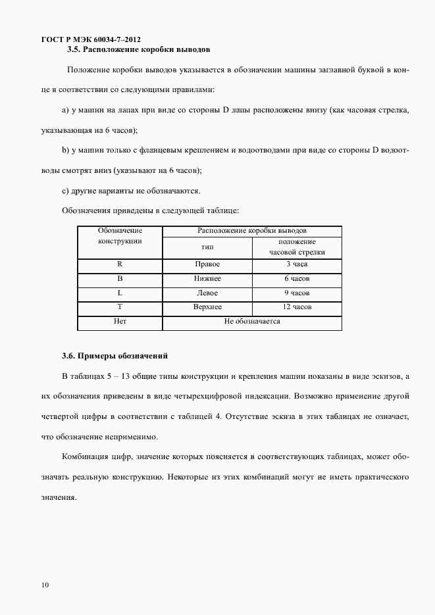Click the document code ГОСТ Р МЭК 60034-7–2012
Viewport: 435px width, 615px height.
coord(90,39)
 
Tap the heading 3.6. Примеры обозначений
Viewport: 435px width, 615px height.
coord(115,356)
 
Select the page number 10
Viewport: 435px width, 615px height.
coord(45,585)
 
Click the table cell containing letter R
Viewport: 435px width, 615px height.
coord(120,264)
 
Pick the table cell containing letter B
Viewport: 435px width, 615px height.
coord(120,279)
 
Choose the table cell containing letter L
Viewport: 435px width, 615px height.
coord(120,293)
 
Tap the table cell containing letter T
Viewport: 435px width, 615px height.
coord(120,307)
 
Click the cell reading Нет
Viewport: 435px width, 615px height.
coord(120,322)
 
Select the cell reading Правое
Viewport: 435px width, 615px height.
coord(207,264)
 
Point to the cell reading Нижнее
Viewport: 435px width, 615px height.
coord(207,279)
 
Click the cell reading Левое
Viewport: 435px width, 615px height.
coord(207,293)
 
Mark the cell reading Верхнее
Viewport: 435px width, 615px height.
coord(207,307)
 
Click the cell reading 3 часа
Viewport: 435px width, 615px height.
coord(297,264)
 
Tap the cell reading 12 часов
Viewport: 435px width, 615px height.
coord(297,307)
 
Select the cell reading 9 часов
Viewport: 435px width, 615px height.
coord(297,293)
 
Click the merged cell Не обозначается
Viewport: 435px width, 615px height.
coord(252,322)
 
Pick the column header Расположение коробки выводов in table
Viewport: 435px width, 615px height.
coord(252,231)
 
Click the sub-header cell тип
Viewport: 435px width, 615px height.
coord(207,247)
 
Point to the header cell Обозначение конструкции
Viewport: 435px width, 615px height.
coord(120,236)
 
